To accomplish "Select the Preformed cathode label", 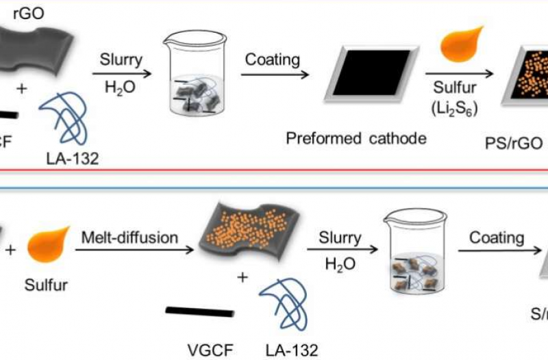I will pyautogui.click(x=356, y=139).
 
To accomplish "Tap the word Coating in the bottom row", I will pyautogui.click(x=497, y=237).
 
